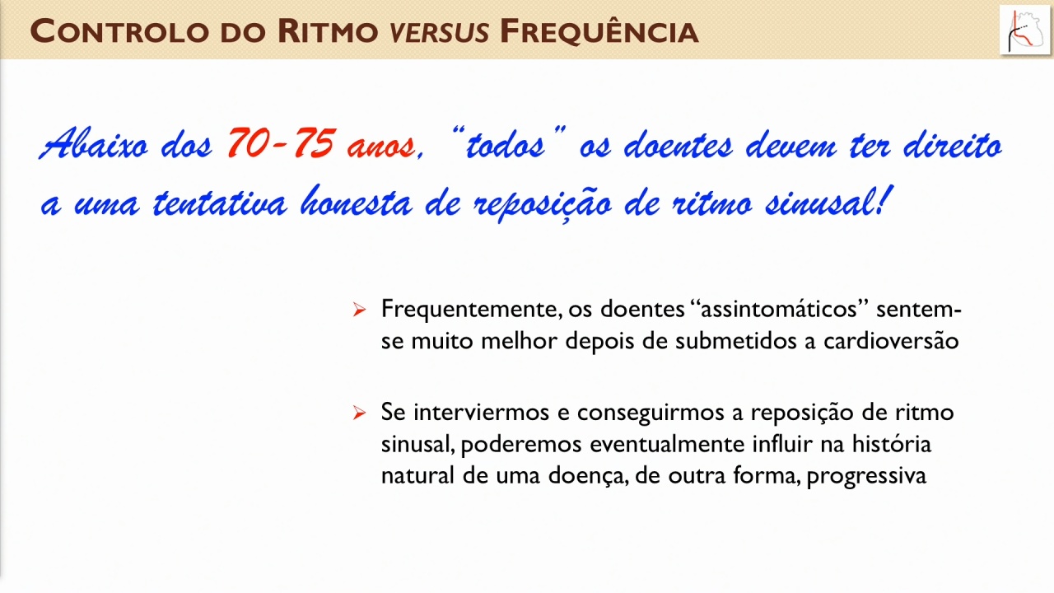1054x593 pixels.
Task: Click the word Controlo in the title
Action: [119, 31]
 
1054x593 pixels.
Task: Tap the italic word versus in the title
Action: [440, 32]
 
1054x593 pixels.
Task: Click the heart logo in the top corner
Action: [1025, 30]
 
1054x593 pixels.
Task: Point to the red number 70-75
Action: [282, 143]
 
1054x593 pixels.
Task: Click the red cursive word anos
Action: [381, 147]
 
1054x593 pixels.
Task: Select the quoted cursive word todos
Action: [506, 143]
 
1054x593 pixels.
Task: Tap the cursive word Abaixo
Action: [93, 142]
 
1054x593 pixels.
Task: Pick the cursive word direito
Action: [953, 143]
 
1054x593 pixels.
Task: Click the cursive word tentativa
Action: [220, 202]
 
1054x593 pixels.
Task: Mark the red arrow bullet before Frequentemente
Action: [360, 310]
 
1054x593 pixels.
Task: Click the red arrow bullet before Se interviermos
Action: [360, 413]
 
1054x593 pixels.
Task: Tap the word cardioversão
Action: [891, 341]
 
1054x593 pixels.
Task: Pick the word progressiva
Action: [867, 477]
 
